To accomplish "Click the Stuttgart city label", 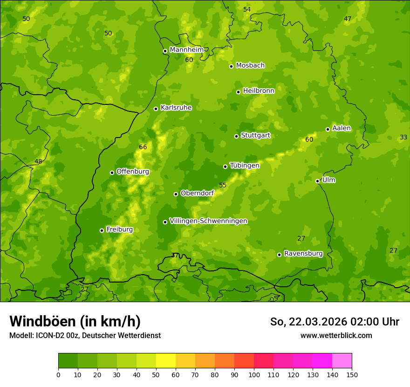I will [x=255, y=136].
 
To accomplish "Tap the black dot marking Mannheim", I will [x=165, y=51].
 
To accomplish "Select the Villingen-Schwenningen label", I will [x=208, y=221].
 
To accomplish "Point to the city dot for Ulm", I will [x=318, y=181].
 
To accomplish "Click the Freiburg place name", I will [x=119, y=229].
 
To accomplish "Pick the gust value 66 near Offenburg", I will [x=143, y=147].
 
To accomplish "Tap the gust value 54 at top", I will [x=247, y=10].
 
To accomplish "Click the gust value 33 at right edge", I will [x=403, y=138].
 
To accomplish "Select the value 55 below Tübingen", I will [x=223, y=186].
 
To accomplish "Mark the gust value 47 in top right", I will [x=348, y=19].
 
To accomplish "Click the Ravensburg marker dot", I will [x=280, y=255].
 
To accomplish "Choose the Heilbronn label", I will [x=259, y=91].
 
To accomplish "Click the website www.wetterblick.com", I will [x=336, y=336].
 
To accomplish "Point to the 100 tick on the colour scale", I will [x=254, y=374].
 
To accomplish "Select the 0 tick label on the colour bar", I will [x=58, y=374].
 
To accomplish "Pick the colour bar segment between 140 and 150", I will [x=342, y=361].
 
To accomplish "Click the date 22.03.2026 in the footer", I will [x=315, y=322].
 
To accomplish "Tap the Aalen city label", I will [x=342, y=128].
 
